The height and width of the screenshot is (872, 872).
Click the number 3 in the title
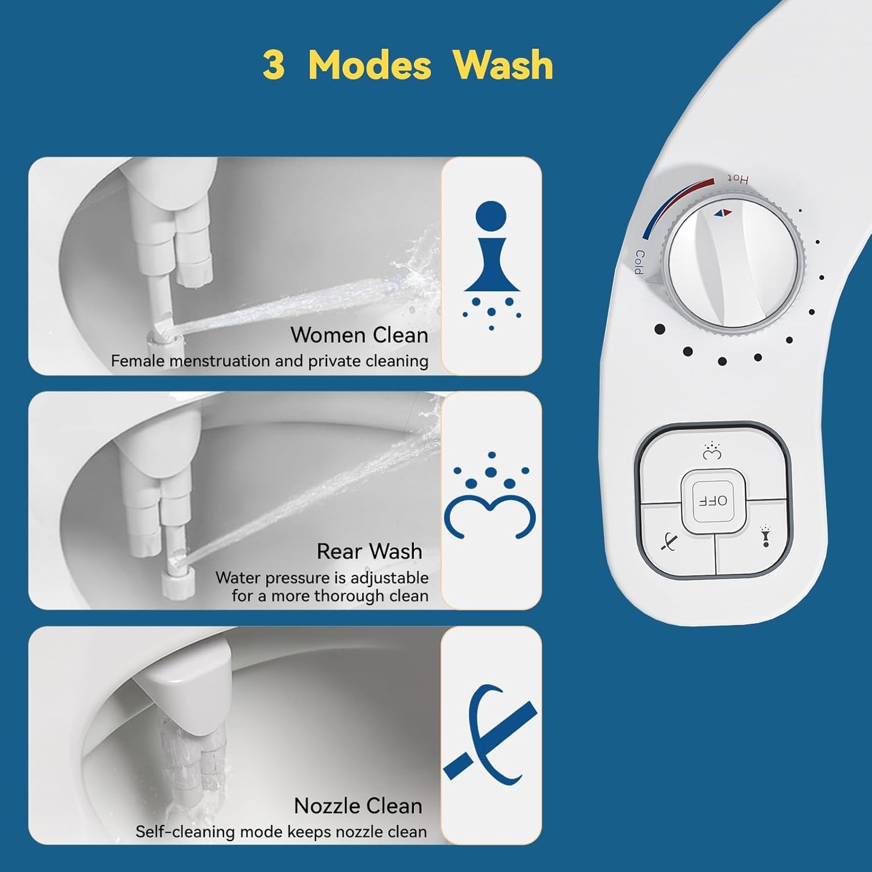[x=273, y=65]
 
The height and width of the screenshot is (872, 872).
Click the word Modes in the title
[x=369, y=65]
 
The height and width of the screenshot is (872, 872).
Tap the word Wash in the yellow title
[x=503, y=65]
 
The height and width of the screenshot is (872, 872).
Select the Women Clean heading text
[x=359, y=335]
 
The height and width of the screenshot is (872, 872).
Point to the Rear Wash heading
[x=369, y=551]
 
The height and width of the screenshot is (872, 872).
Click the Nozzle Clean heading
[x=358, y=806]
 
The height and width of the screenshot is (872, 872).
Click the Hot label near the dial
[x=737, y=179]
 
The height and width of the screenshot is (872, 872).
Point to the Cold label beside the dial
[x=639, y=262]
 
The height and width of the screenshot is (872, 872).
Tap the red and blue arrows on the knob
[x=722, y=212]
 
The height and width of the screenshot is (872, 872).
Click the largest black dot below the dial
[x=660, y=329]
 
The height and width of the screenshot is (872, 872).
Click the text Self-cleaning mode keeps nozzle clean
[x=281, y=832]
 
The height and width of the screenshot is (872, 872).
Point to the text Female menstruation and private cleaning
[x=270, y=361]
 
